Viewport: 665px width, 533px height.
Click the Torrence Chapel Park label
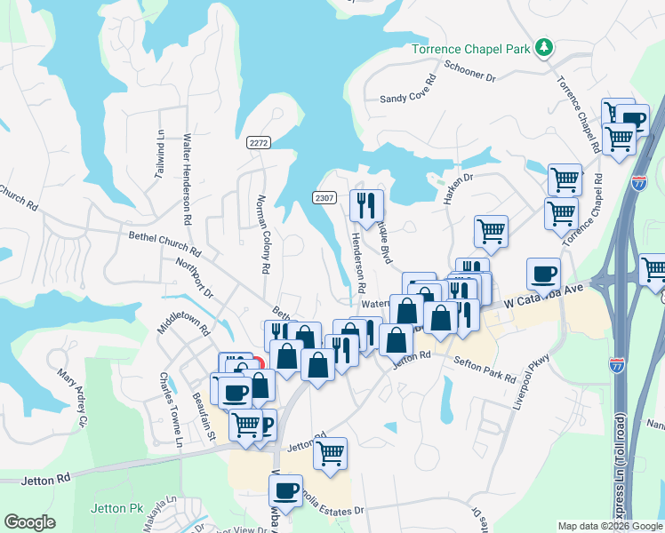coord(470,48)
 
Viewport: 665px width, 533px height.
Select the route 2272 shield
coord(259,142)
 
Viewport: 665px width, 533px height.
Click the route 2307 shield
coord(324,196)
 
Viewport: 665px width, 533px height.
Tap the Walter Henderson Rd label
coord(187,179)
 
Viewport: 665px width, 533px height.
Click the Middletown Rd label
coord(182,314)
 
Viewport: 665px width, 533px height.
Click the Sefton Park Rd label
coord(485,364)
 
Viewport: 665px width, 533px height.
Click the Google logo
coord(29,521)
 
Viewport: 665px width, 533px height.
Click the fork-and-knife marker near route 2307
coord(366,207)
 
